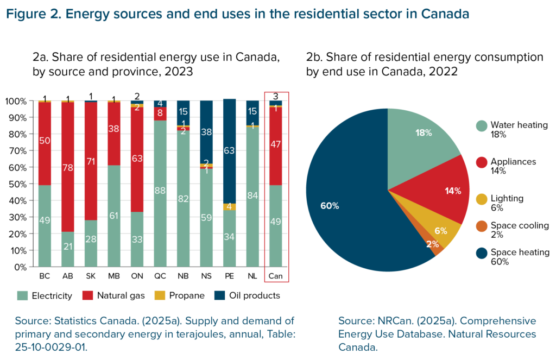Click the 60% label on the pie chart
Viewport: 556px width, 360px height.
click(330, 206)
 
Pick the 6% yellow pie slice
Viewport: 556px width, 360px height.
click(440, 230)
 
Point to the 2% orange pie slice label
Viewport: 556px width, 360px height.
click(432, 244)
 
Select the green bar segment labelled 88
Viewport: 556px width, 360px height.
click(160, 191)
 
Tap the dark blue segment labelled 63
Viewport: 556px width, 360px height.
click(230, 150)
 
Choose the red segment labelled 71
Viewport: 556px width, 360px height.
click(91, 161)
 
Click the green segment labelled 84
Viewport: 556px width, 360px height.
click(252, 195)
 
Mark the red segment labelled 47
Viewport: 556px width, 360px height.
click(276, 145)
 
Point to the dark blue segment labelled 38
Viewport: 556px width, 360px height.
click(206, 131)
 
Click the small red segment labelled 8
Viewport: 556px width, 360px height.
click(160, 113)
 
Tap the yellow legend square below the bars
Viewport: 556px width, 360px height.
click(160, 295)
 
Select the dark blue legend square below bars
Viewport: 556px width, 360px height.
click(219, 295)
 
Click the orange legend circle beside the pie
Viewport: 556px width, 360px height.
click(481, 226)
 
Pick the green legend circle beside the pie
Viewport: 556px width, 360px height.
click(481, 126)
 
